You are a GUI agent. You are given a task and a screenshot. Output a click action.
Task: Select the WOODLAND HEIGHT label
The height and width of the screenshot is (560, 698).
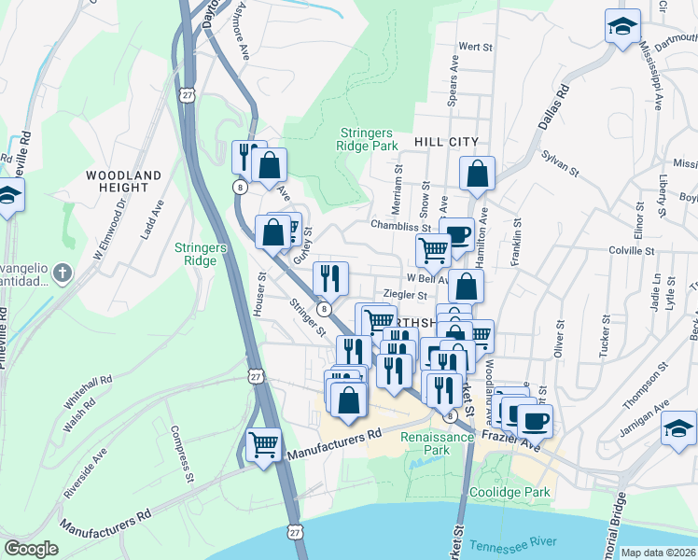[123, 181]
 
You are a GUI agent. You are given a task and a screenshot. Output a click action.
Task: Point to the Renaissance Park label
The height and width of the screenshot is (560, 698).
[425, 442]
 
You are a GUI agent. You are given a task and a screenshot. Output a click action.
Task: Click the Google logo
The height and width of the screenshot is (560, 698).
[32, 549]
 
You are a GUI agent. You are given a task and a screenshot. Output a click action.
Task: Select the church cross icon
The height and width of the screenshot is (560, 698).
[63, 273]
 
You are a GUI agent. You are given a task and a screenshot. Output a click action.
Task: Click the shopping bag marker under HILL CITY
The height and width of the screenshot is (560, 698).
[477, 174]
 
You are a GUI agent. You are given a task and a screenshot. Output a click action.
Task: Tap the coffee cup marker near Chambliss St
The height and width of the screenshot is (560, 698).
[456, 234]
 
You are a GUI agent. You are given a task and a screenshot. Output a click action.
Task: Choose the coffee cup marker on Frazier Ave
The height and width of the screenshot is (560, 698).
[535, 420]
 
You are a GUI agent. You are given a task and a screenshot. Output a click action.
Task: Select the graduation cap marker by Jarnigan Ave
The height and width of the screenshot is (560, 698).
[678, 427]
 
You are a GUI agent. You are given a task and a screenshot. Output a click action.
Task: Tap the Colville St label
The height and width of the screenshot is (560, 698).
[631, 250]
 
